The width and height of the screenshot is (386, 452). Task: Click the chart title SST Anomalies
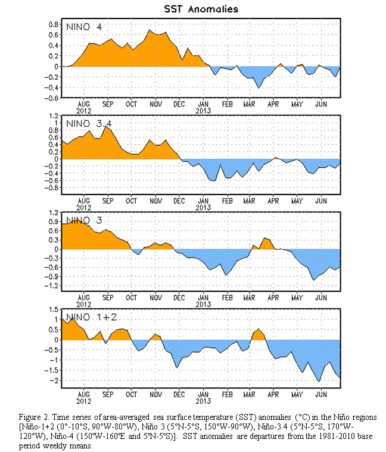(x=201, y=9)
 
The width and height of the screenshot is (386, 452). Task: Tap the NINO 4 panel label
(x=84, y=27)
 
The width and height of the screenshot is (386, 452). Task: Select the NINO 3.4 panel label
(x=89, y=124)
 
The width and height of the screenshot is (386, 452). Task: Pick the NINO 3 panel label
(x=84, y=221)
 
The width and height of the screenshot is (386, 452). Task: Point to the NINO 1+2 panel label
(x=92, y=317)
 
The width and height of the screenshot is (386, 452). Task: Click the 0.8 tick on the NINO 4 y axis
(x=54, y=24)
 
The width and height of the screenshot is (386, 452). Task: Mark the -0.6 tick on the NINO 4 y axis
(x=51, y=98)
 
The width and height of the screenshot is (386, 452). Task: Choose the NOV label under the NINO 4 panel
(x=155, y=104)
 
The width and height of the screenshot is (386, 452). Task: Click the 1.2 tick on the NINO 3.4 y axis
(x=54, y=116)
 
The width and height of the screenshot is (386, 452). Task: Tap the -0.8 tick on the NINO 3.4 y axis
(x=51, y=188)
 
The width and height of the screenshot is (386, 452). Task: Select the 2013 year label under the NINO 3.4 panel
(x=203, y=208)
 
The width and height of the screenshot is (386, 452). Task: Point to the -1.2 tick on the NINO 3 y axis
(x=51, y=285)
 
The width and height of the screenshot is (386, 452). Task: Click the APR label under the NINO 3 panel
(x=273, y=297)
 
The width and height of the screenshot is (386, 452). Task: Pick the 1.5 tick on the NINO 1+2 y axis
(x=54, y=310)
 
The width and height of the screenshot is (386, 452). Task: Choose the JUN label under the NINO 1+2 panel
(x=321, y=394)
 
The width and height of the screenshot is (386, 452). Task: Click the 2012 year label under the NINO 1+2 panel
(x=84, y=401)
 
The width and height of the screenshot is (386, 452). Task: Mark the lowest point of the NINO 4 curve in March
(x=259, y=88)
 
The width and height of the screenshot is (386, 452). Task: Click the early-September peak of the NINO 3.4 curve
(x=106, y=126)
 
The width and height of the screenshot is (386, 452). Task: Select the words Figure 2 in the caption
(x=33, y=417)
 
